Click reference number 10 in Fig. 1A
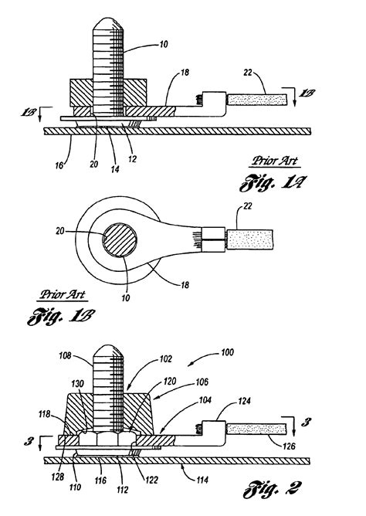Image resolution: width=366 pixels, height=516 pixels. (164, 44)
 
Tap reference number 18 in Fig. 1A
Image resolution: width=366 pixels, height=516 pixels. (185, 72)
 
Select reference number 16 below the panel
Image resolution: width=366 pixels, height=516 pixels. (59, 165)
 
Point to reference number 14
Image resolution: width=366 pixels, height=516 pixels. (115, 169)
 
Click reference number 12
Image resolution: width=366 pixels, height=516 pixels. (133, 159)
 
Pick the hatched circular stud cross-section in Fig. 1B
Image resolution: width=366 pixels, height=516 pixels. (120, 239)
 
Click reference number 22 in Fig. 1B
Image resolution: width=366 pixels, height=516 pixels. (248, 206)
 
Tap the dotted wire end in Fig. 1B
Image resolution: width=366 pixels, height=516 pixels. (250, 239)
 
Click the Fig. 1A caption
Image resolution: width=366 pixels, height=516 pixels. (273, 182)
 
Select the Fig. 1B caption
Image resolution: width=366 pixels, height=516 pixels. (61, 316)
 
